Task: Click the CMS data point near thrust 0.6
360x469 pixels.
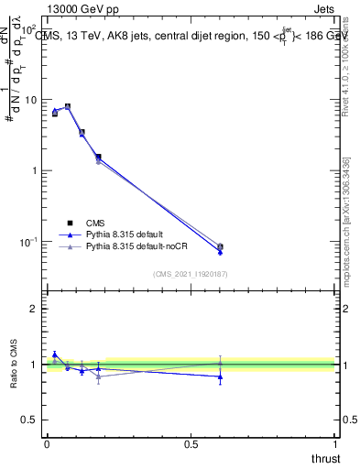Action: pos(220,246)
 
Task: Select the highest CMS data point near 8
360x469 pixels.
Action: pos(67,106)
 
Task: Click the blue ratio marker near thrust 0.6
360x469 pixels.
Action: pos(220,376)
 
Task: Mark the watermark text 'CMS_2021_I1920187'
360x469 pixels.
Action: pos(191,273)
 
